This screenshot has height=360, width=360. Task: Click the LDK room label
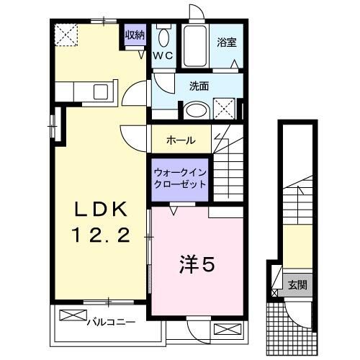(102, 209)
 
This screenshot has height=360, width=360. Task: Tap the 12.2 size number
(102, 235)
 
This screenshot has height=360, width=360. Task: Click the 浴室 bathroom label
(226, 42)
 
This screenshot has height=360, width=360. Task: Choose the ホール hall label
(179, 140)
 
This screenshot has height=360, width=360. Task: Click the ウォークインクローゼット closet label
(180, 178)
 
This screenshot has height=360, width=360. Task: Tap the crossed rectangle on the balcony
(72, 315)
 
